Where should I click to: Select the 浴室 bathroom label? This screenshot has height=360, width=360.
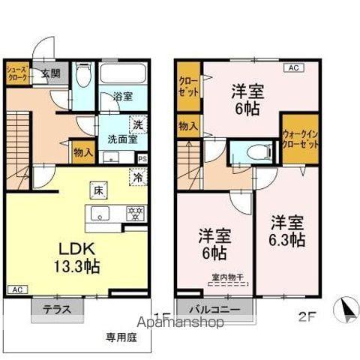[123, 97]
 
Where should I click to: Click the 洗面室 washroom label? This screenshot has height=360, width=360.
[118, 139]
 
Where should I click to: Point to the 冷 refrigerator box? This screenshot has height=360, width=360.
[139, 178]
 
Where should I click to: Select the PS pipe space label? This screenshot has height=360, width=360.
[142, 159]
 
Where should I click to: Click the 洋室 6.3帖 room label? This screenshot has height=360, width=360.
[287, 232]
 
